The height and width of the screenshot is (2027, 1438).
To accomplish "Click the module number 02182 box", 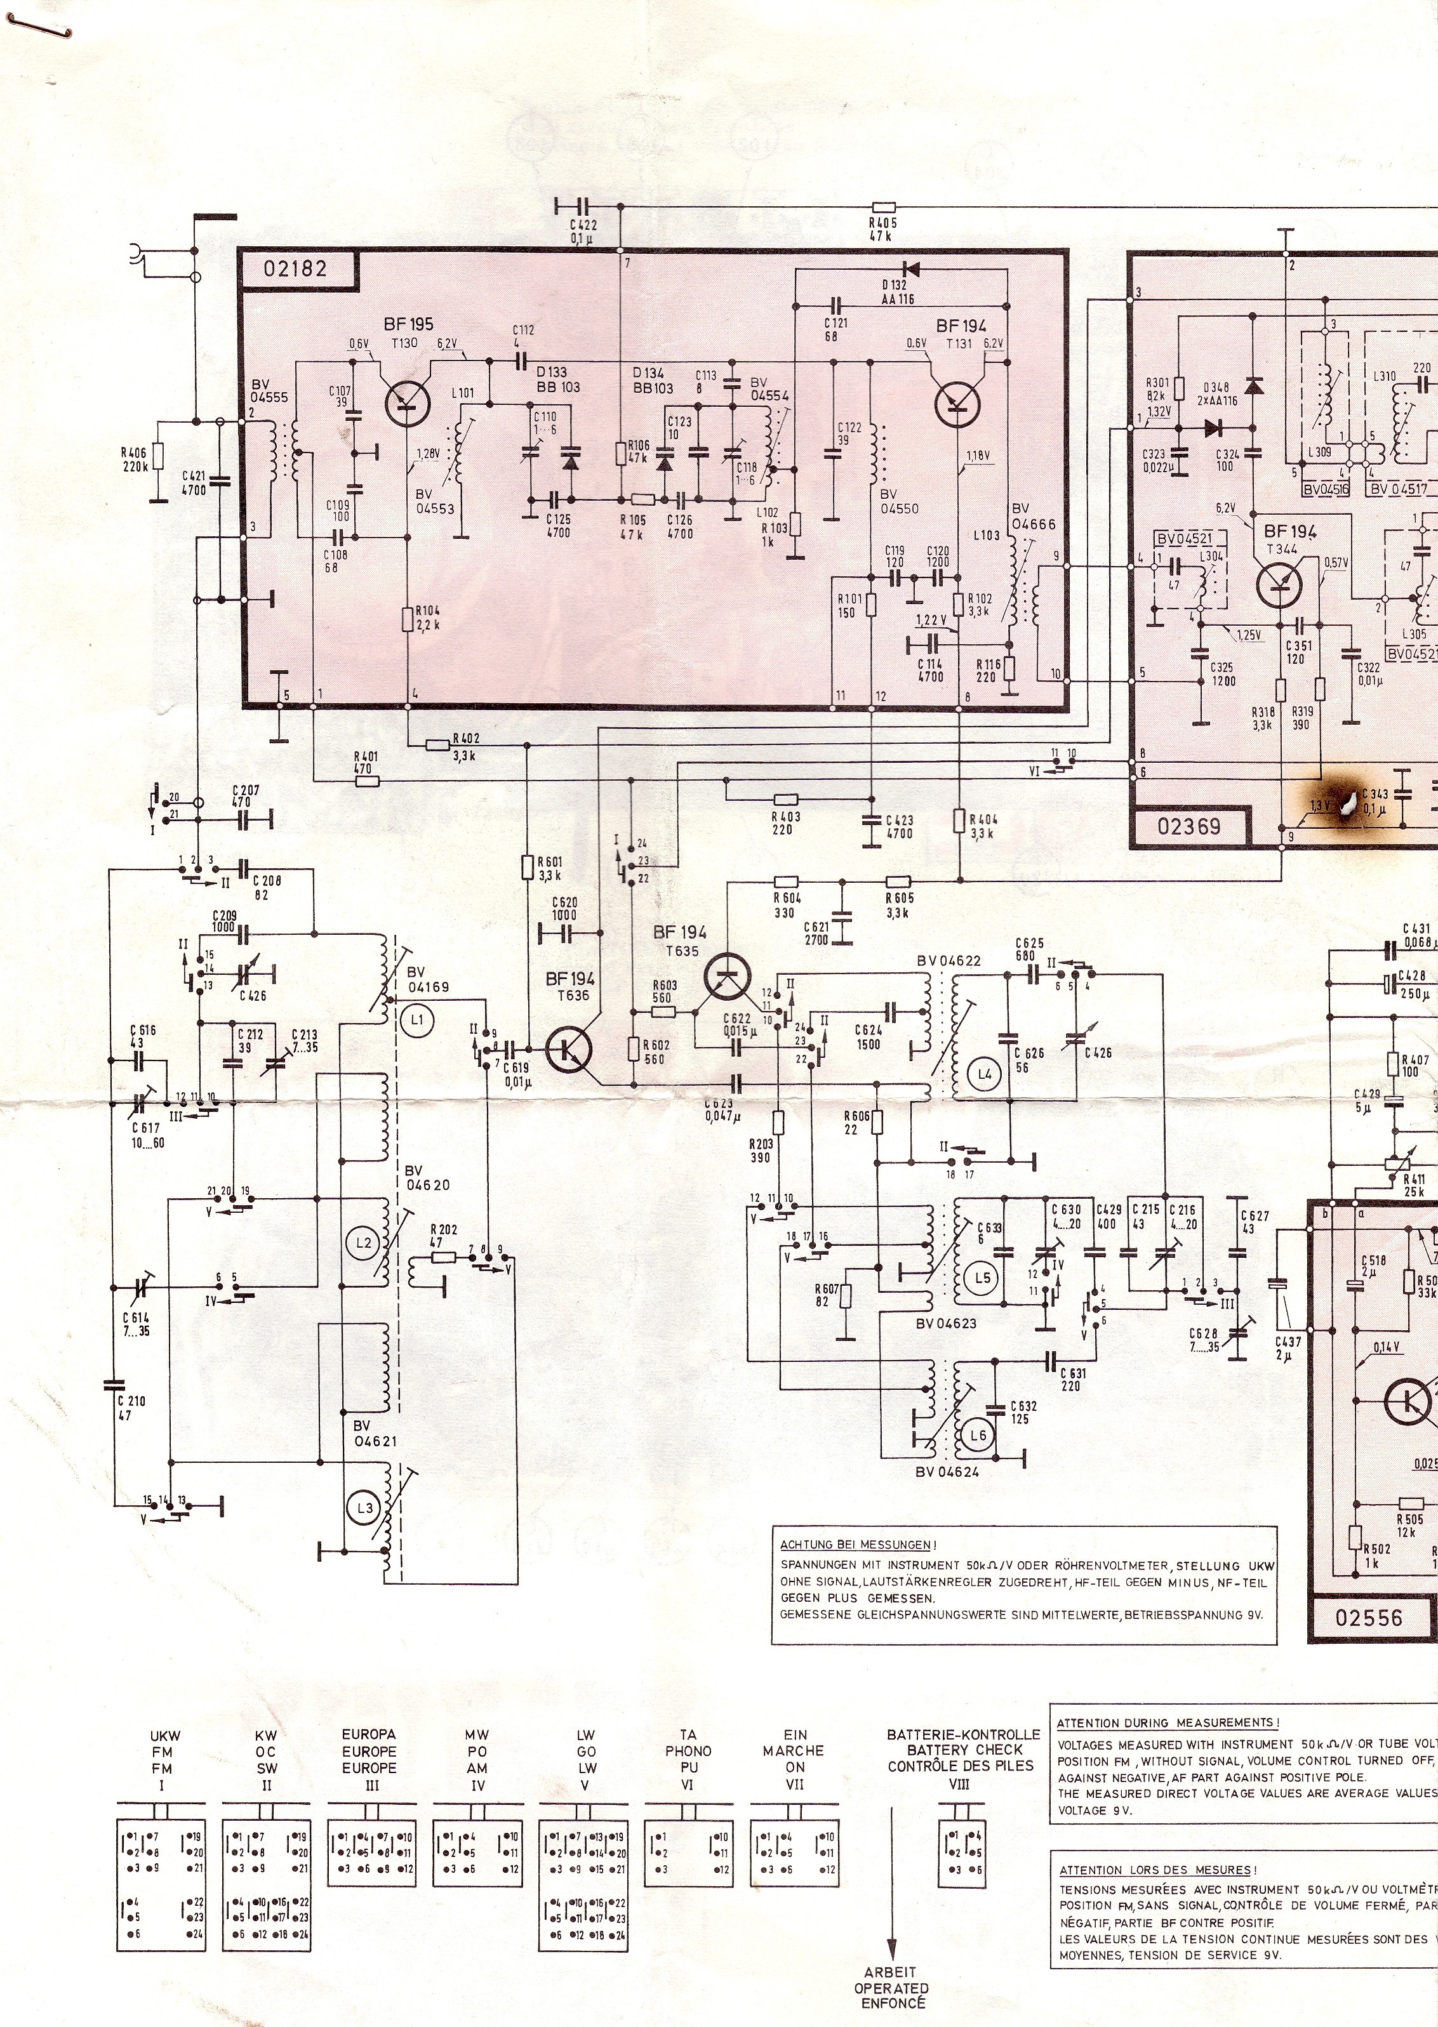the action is coord(296,268).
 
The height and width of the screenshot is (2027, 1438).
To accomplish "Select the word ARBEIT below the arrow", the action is coord(891,1997).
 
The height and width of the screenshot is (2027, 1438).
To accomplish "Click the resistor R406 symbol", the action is coord(157,456).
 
